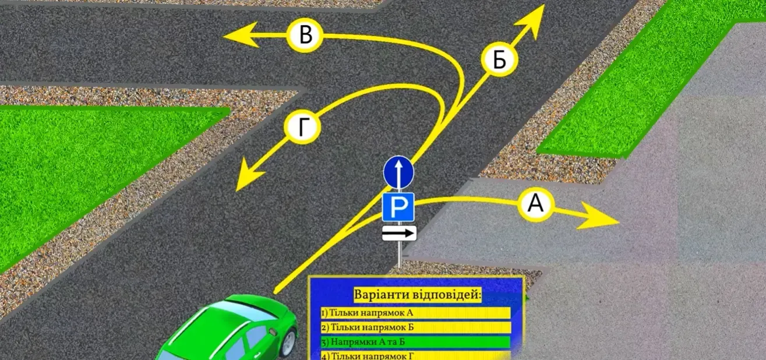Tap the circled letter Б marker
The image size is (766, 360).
point(499,59)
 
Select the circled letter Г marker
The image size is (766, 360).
point(302,127)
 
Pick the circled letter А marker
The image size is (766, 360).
point(535,204)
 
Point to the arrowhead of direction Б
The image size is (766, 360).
point(532,20)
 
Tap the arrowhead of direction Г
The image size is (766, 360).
point(248,175)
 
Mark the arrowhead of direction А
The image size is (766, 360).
point(598,216)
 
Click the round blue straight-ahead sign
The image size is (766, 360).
point(398,172)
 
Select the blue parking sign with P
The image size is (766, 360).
point(398,207)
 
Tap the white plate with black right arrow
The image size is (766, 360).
point(399,233)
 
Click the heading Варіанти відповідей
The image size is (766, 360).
point(417,295)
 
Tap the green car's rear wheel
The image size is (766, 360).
point(288,343)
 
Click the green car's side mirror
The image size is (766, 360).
point(273,331)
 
